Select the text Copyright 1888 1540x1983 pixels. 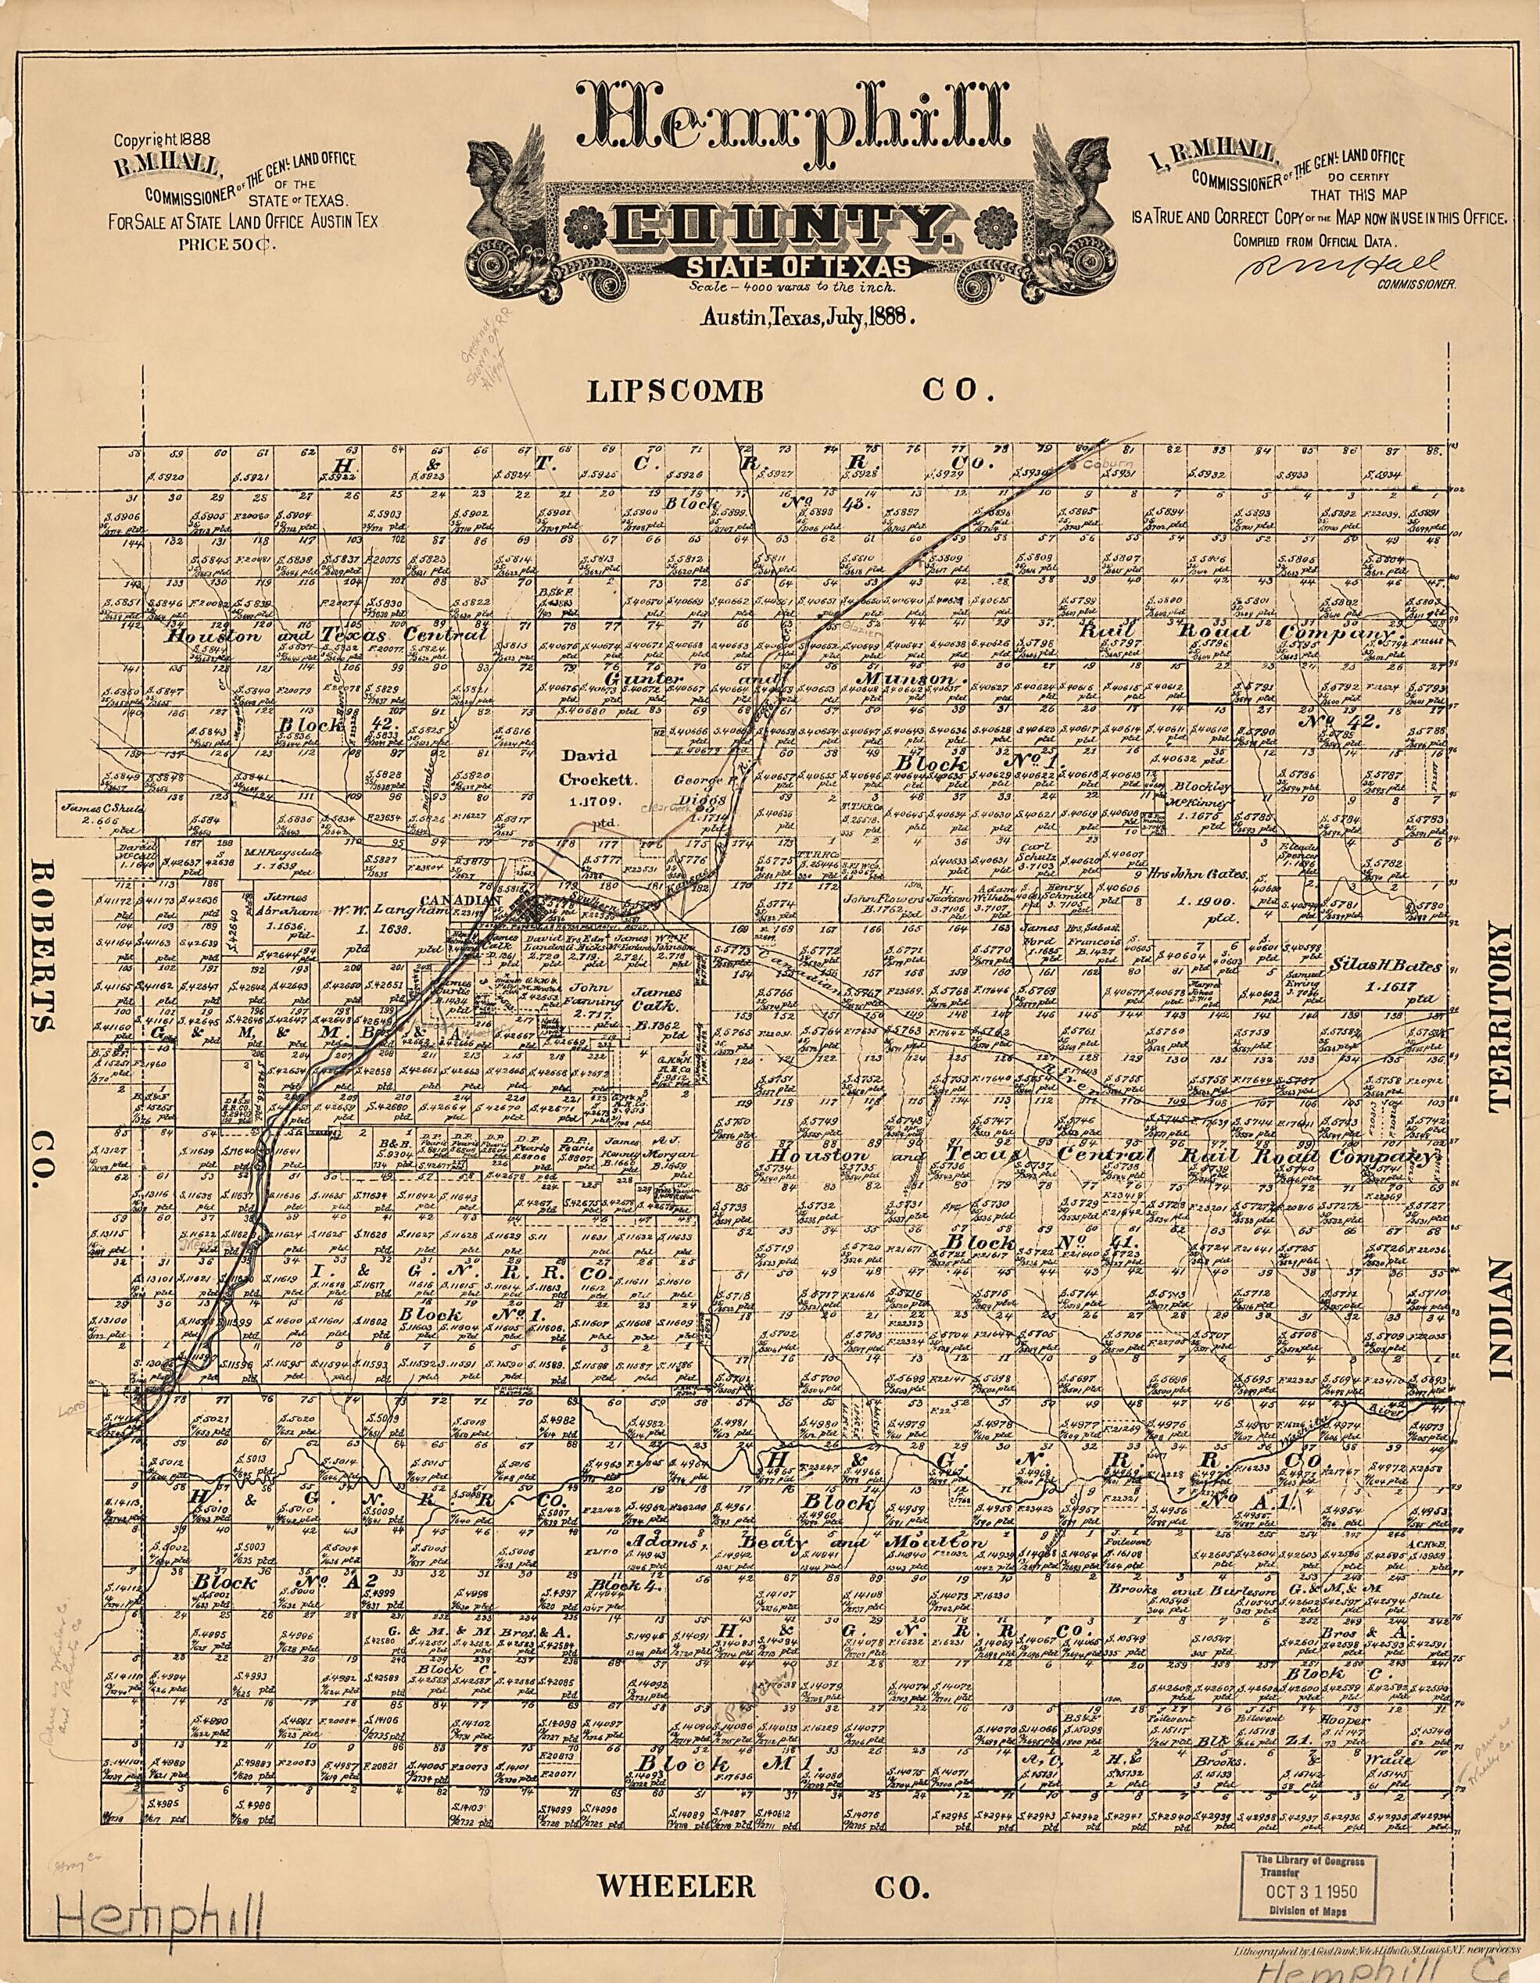pyautogui.click(x=162, y=140)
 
